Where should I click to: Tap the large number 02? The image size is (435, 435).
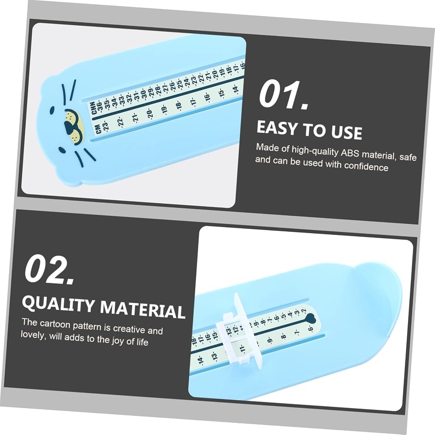[x=49, y=269]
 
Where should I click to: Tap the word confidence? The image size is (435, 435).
[x=366, y=167]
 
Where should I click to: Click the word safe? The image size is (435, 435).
[x=408, y=157]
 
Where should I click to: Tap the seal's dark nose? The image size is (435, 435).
[x=68, y=126]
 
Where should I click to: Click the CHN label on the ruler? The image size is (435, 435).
[x=94, y=107]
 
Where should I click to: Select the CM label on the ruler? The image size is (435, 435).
[x=98, y=129]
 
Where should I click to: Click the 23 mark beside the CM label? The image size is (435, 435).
[x=105, y=126]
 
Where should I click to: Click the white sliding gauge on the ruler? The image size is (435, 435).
[x=238, y=331]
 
